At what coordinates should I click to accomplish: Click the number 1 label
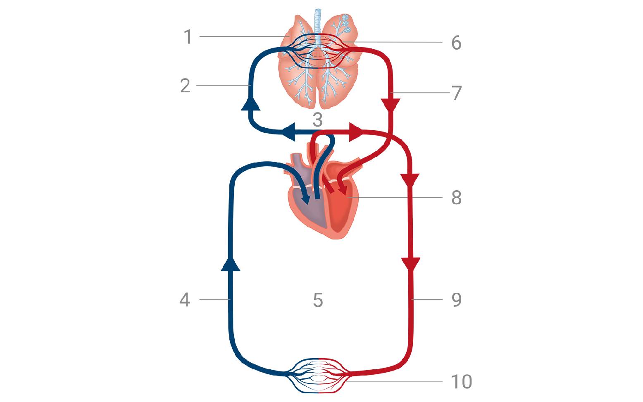tap(188, 37)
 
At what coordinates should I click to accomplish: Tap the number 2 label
tap(185, 86)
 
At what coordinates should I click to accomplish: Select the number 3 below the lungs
tap(317, 120)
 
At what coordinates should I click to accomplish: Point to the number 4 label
tap(185, 299)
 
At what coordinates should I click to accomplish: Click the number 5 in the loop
tap(317, 300)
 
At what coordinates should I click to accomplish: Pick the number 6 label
tap(456, 43)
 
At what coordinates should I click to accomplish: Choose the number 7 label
tap(456, 93)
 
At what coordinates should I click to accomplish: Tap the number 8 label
tap(456, 198)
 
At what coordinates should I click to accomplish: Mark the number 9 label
tap(456, 299)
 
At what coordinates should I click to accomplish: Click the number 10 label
tap(461, 382)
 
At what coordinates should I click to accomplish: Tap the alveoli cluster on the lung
tap(345, 23)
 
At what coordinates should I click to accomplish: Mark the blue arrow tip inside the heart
tap(306, 201)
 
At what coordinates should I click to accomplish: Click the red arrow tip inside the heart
tap(343, 190)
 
